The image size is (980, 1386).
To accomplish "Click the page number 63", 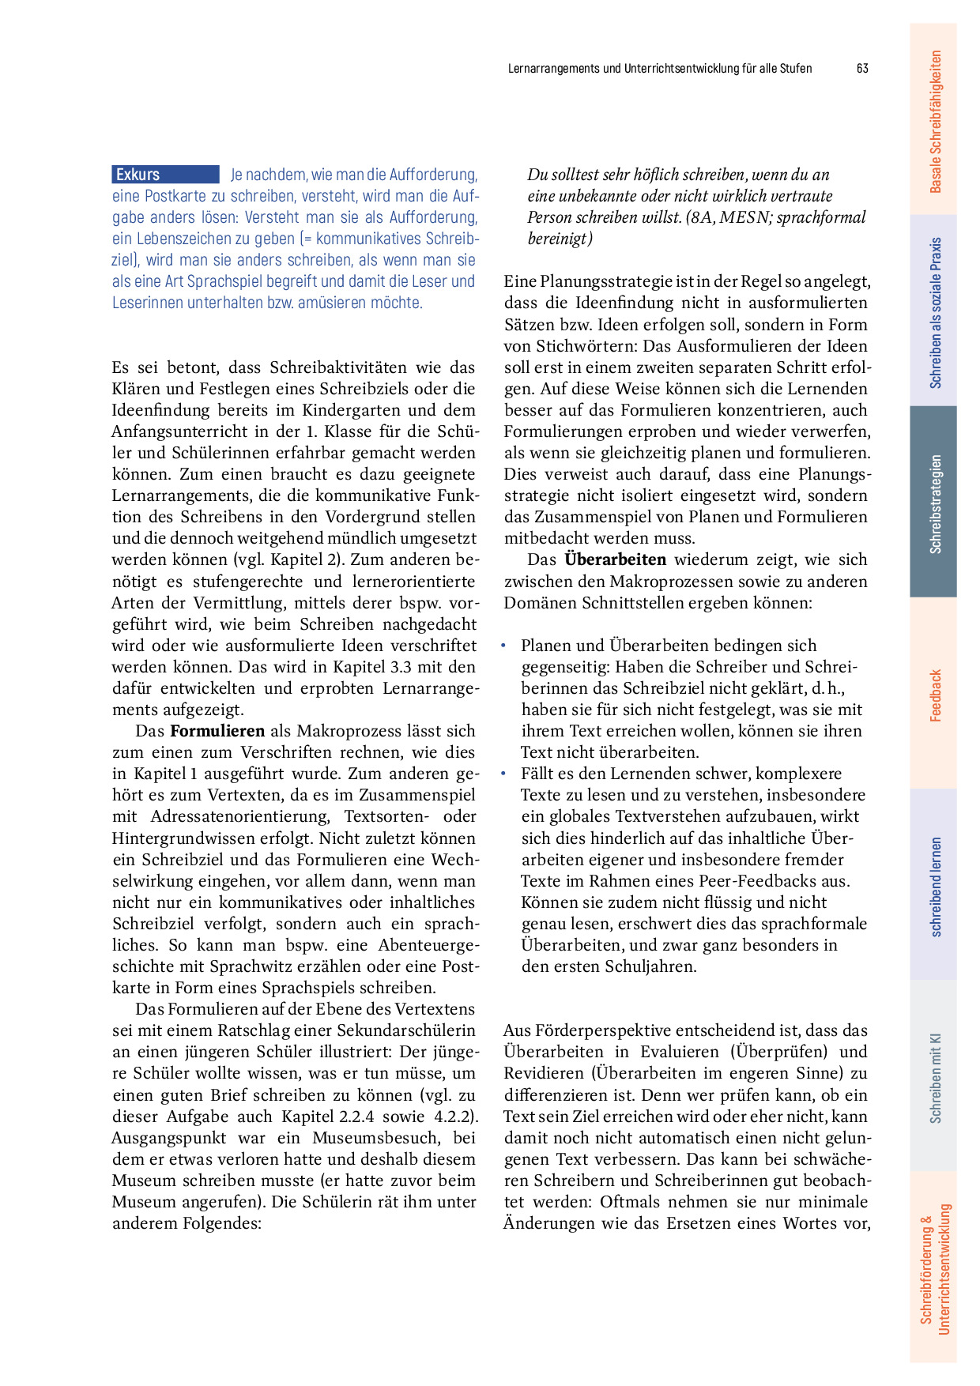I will coord(862,69).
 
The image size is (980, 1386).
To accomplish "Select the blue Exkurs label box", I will coord(165,175).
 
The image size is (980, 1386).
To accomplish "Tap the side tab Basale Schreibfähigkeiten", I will coord(934,121).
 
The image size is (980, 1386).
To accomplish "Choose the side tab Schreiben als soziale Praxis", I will coord(934,312).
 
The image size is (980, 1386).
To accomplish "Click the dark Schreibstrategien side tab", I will coord(934,503).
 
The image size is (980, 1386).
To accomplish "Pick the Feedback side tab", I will coord(934,695).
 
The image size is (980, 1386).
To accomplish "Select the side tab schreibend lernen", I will coord(934,886).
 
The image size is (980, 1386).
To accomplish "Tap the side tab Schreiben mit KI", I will coord(934,1077).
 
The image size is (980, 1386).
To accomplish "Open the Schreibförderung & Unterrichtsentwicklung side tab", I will coord(934,1268).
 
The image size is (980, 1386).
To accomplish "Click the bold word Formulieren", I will coord(217,731).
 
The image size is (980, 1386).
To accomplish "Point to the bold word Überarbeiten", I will coord(615,559).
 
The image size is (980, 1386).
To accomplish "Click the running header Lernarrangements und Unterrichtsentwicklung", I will coord(659,69).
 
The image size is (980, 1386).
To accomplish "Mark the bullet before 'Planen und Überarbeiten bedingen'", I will coord(503,646).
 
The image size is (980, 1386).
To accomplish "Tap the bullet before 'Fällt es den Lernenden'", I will coord(503,774).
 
